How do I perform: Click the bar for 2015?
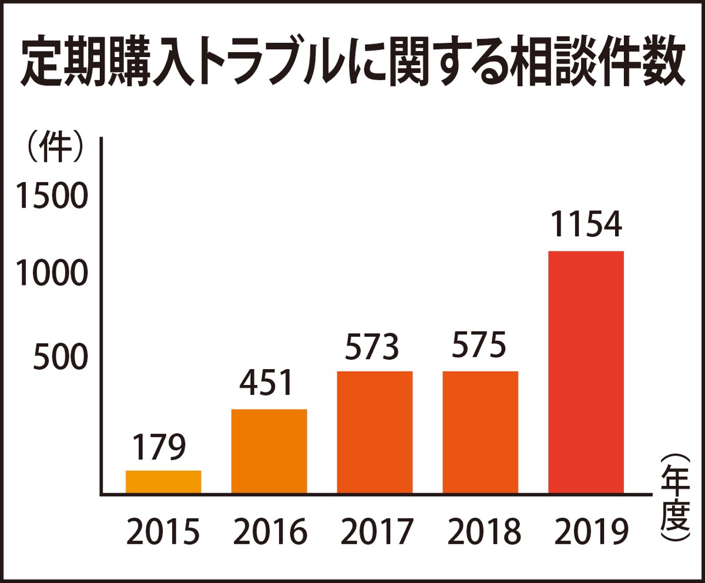point(163,481)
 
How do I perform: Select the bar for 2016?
point(269,451)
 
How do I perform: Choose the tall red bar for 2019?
point(586,372)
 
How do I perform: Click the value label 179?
point(158,448)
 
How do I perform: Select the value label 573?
point(372,347)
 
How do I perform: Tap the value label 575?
point(479,347)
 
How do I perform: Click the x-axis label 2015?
point(163,532)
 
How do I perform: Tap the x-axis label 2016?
point(270,532)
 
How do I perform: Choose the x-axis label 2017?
point(375,532)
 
